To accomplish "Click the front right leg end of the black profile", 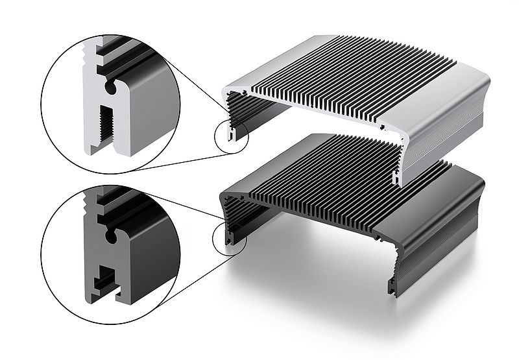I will [x=393, y=286].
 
